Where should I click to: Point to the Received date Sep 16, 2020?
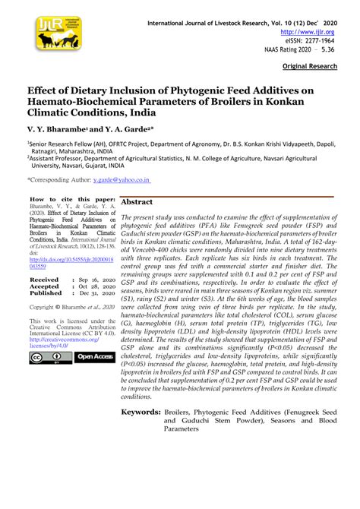93,280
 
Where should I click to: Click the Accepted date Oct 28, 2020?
93,286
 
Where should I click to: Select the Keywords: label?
141,412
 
